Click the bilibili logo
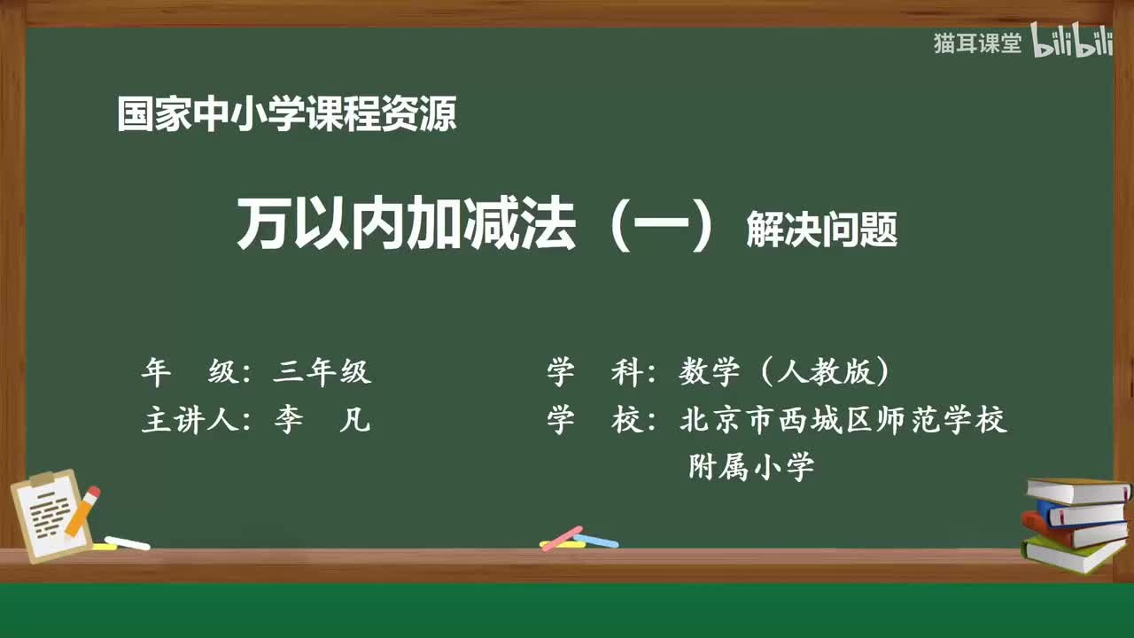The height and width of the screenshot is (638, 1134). [x=1072, y=43]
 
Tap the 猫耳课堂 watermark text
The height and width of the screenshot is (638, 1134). [x=977, y=43]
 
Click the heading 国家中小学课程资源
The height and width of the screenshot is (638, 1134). [x=287, y=114]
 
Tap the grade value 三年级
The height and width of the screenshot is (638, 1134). [x=322, y=372]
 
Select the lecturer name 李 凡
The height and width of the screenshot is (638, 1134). [x=322, y=420]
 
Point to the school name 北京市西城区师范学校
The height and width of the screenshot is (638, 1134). [x=843, y=420]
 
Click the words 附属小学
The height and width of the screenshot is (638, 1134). [x=751, y=466]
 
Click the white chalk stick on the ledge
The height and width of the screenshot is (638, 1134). [x=127, y=542]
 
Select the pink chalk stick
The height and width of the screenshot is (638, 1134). [x=562, y=536]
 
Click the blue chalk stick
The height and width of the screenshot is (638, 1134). [x=597, y=540]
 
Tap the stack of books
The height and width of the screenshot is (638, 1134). [x=1076, y=523]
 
